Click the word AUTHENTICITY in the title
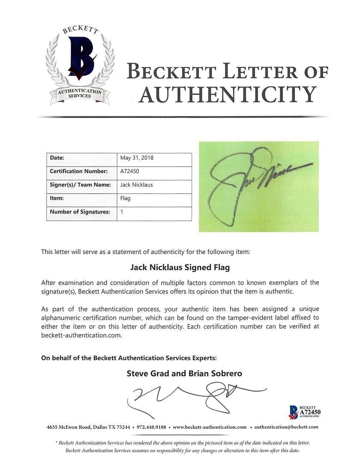(227, 95)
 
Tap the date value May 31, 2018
(137, 158)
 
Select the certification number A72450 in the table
(130, 171)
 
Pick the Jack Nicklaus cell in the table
(136, 185)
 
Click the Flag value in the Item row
(125, 198)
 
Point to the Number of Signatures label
(80, 212)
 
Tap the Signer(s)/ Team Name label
(80, 185)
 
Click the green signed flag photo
(258, 186)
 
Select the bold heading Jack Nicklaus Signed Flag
(180, 267)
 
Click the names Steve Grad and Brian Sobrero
(184, 373)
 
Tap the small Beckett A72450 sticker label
(305, 412)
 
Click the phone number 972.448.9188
(151, 427)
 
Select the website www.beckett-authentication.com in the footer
(209, 427)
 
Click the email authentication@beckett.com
(286, 427)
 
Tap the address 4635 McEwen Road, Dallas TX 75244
(88, 427)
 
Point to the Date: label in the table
(57, 158)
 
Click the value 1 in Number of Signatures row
(122, 212)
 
